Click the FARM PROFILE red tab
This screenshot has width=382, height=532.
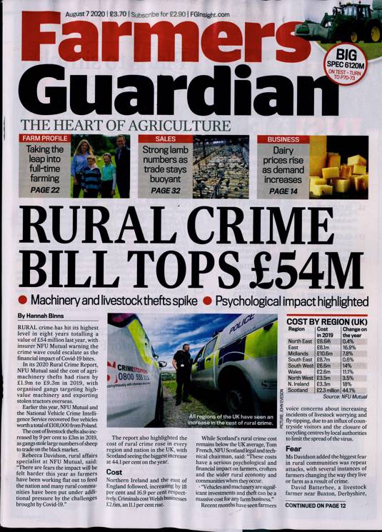[45, 139]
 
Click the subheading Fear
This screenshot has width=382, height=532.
[293, 446]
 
